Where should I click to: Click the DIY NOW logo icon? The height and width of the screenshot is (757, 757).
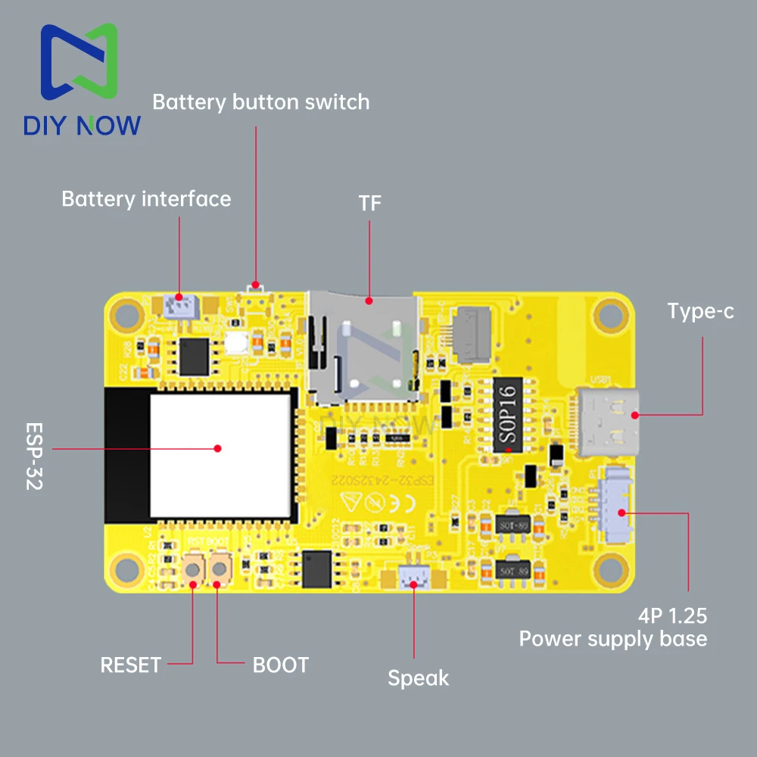click(x=80, y=64)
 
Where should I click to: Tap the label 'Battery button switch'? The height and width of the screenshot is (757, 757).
click(x=261, y=102)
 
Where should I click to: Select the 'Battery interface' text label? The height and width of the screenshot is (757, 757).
click(x=146, y=199)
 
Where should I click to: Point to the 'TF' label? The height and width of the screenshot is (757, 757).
click(x=370, y=204)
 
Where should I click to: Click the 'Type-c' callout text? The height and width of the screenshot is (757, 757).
click(x=700, y=311)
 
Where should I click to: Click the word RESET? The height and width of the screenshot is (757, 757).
click(x=131, y=665)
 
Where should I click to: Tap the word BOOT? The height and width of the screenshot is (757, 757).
click(x=280, y=665)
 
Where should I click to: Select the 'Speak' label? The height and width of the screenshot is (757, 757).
click(x=418, y=678)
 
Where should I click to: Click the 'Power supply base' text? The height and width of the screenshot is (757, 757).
click(x=612, y=639)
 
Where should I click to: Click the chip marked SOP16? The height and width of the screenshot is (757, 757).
click(x=507, y=417)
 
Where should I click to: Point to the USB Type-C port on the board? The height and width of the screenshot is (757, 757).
click(x=610, y=422)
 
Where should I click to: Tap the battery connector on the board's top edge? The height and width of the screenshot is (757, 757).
click(x=180, y=306)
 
